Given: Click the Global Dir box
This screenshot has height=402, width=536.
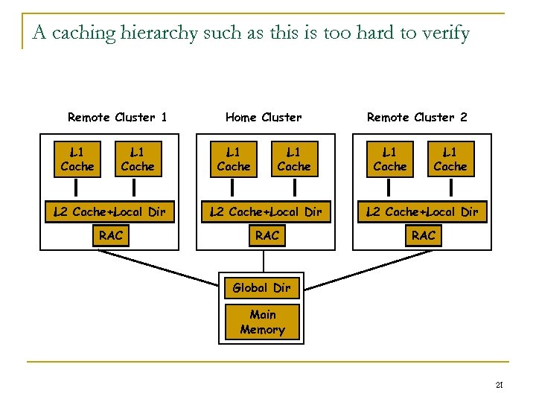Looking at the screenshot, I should click(x=261, y=287).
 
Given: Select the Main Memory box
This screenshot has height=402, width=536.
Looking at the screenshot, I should click(x=262, y=322).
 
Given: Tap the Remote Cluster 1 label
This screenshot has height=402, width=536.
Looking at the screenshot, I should click(x=117, y=117).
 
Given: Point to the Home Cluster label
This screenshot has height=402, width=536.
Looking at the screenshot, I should click(x=264, y=117).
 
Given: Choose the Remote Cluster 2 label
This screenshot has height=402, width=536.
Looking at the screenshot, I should click(x=417, y=117).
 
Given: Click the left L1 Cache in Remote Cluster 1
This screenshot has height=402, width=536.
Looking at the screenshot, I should click(x=77, y=159).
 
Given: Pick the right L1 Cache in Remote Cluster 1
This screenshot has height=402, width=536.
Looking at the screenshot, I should click(x=138, y=159).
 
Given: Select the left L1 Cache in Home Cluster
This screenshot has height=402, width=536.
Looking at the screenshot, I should click(x=234, y=159).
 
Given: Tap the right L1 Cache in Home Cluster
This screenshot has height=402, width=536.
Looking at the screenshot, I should click(x=294, y=159).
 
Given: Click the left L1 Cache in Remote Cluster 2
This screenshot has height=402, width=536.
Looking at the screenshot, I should click(x=390, y=159).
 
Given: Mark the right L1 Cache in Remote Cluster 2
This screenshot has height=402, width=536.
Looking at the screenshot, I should click(x=450, y=159).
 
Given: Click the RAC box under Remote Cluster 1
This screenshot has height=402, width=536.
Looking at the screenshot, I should click(x=111, y=236).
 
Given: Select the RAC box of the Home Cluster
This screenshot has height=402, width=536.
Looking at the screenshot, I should click(x=267, y=236).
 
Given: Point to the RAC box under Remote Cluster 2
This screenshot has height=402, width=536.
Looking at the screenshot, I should click(x=424, y=236).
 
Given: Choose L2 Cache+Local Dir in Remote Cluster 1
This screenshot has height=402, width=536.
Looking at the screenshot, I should click(x=109, y=212).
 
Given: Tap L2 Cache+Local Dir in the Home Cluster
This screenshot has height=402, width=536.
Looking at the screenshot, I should click(x=266, y=212).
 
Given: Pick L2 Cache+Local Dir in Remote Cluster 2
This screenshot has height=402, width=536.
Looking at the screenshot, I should click(x=422, y=212).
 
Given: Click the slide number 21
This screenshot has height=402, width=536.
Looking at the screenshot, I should click(x=500, y=385).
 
